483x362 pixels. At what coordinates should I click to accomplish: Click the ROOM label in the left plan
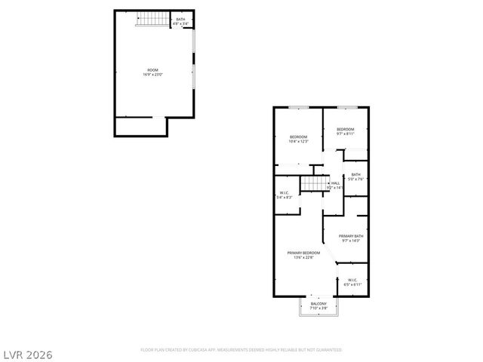point(152,70)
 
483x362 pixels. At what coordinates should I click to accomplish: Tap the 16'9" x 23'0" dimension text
point(152,75)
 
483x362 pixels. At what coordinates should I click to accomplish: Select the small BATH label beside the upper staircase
point(180,19)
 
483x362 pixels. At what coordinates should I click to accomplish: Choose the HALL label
point(335,183)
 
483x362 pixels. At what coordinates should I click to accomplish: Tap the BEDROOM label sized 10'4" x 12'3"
point(298,137)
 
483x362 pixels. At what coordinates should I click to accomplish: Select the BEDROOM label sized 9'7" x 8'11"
point(346,129)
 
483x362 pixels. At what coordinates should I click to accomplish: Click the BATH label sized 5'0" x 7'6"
point(355,174)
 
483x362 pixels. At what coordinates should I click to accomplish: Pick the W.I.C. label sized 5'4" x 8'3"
point(285,192)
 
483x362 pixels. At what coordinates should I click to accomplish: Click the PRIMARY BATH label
point(352,236)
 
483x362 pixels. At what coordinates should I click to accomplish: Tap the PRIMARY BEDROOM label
point(303,253)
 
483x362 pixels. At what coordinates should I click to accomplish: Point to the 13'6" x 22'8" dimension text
point(303,257)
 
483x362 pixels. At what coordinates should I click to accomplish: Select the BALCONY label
point(318,303)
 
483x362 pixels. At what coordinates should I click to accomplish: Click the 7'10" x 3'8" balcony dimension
point(318,308)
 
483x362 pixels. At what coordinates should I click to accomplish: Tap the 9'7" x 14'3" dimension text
point(352,241)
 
